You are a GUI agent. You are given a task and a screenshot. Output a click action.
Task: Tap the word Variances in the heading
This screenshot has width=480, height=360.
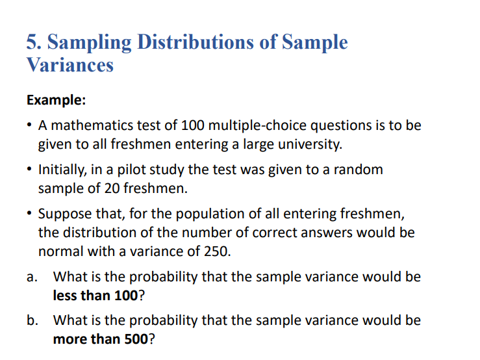pos(70,66)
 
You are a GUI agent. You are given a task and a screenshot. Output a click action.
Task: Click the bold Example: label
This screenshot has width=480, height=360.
pos(57,101)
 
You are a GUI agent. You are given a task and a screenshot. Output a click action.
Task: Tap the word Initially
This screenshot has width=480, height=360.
pos(62,170)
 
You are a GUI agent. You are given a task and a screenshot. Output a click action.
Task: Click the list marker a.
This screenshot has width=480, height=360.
pos(31,277)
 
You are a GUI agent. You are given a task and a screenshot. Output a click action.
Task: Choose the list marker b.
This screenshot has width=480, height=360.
pos(31,320)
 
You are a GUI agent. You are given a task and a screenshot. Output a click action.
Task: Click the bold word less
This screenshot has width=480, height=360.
pos(64,295)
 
